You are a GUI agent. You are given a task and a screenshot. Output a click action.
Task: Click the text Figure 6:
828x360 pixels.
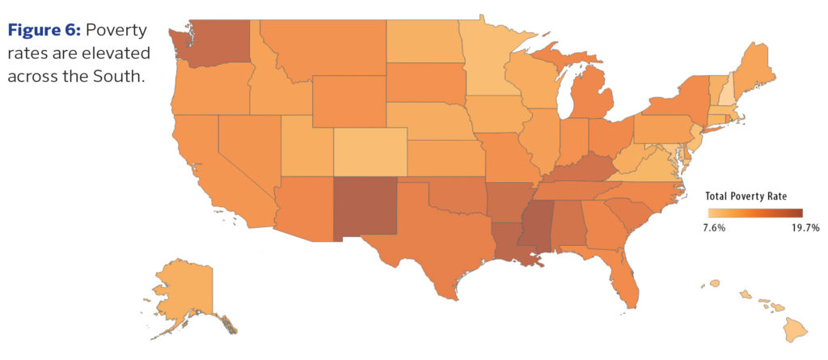[x=44, y=32]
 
